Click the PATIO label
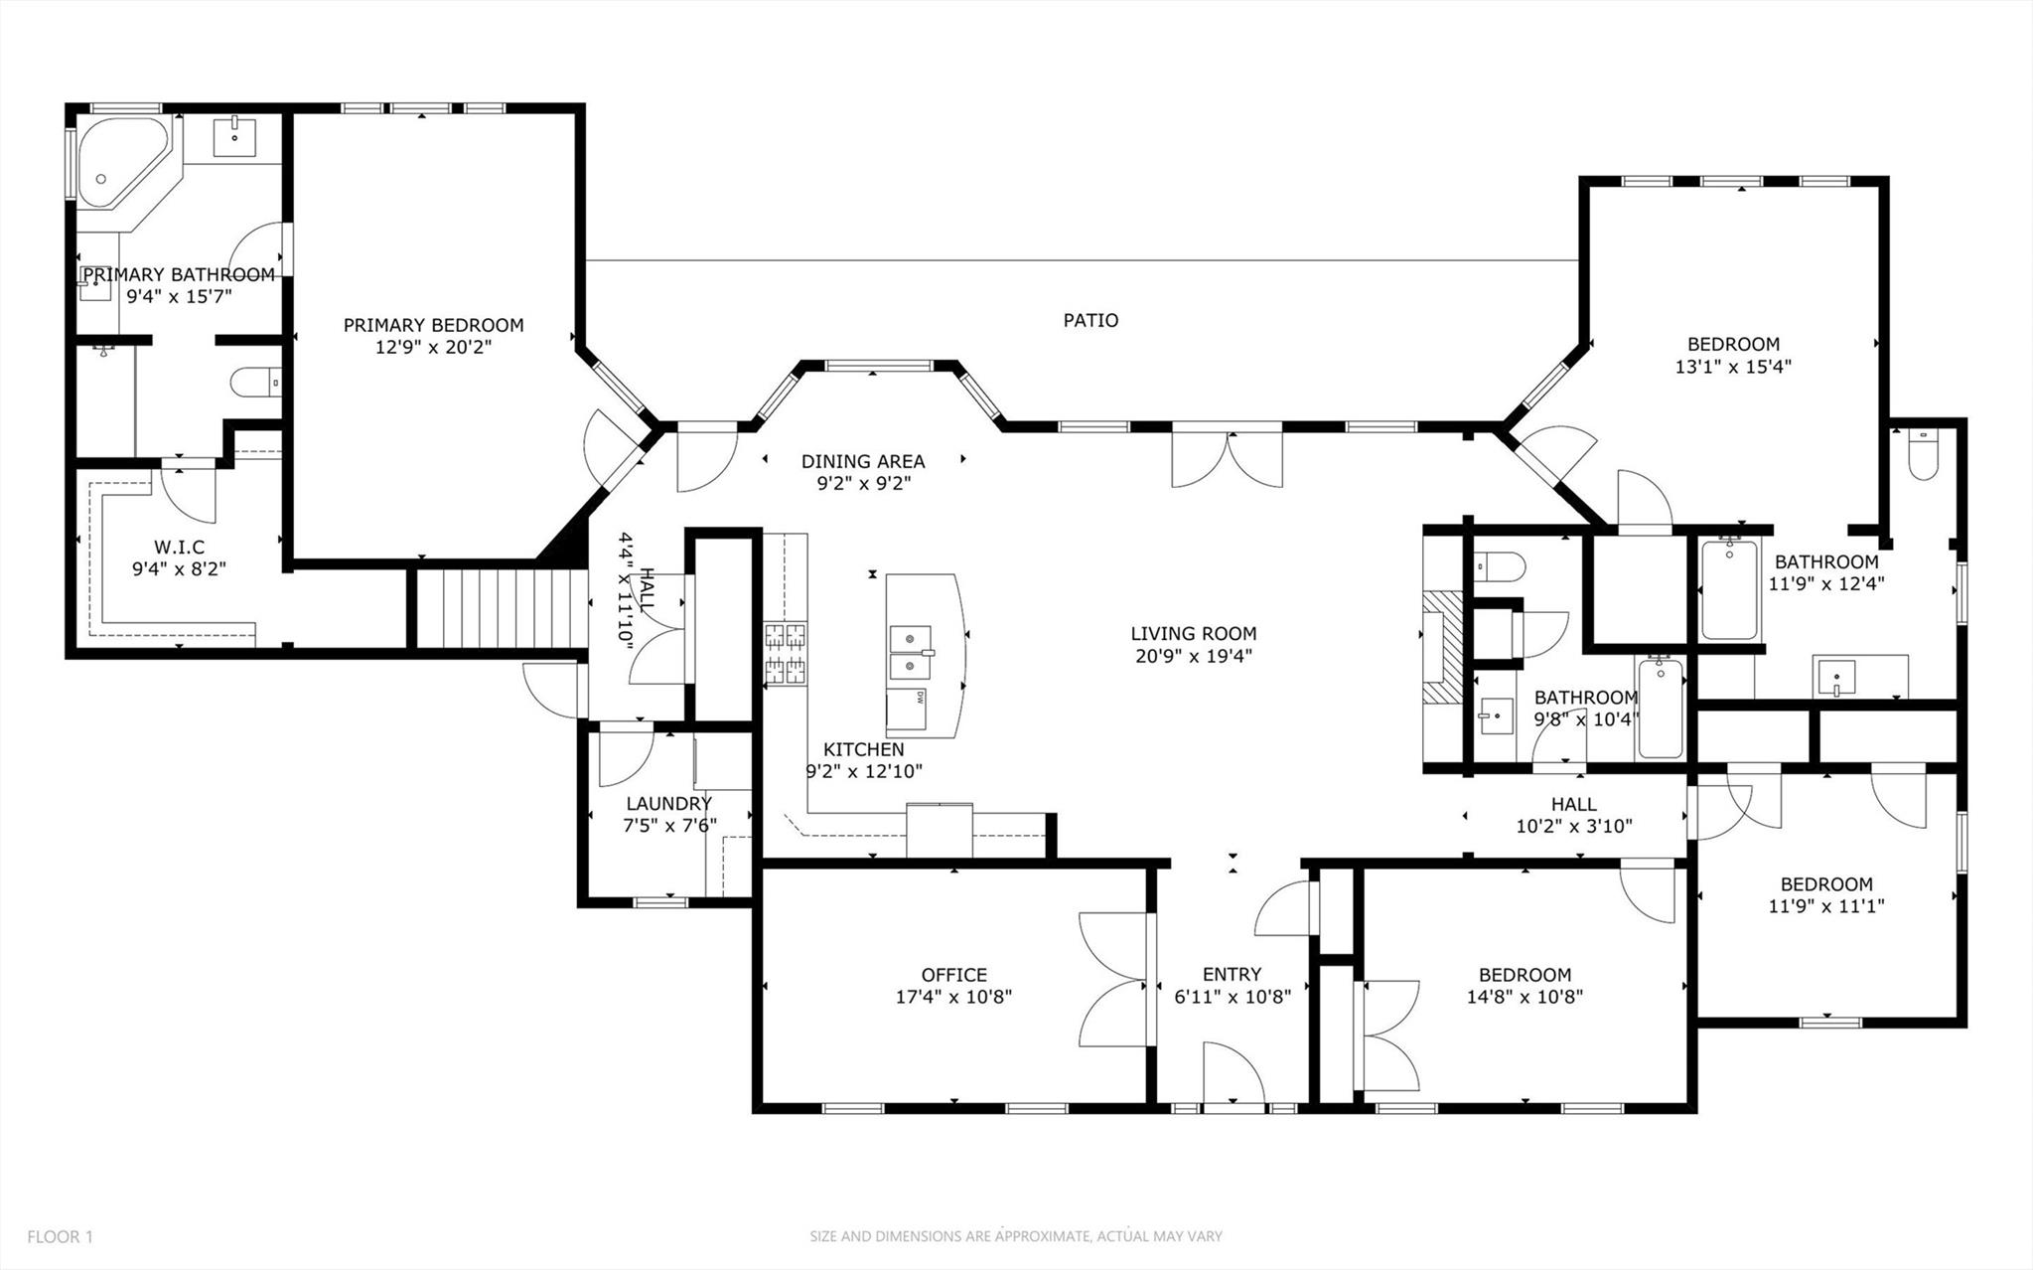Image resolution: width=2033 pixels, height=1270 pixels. coord(1090,320)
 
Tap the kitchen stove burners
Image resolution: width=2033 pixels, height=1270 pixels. coord(785,654)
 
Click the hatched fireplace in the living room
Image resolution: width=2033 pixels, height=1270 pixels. coord(1442,647)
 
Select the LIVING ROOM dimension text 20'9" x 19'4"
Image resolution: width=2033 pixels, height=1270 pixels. coord(1193,656)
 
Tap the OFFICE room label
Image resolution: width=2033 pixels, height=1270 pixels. coord(953,975)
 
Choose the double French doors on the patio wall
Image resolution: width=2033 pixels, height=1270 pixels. coord(1227,459)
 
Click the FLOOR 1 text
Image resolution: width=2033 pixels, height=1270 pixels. coord(60,1237)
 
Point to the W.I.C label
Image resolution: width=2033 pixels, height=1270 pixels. coord(179,548)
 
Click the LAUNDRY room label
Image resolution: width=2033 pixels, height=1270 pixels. coord(668,803)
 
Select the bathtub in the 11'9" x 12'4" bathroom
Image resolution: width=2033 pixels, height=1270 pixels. coord(1728,588)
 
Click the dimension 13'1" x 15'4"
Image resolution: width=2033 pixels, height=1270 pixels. coord(1732,367)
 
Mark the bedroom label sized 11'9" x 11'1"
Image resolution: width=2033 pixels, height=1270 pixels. coord(1825,883)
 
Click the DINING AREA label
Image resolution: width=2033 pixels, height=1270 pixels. coord(862,461)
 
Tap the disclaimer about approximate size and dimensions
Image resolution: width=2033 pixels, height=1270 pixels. coord(1015,1237)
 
